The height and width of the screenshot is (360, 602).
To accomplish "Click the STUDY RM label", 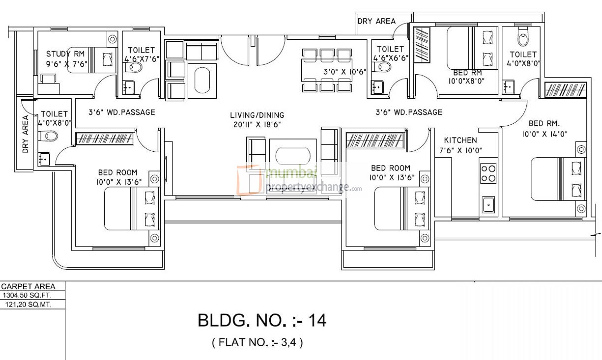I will tap(66, 54).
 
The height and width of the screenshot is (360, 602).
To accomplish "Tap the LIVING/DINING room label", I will tap(257, 115).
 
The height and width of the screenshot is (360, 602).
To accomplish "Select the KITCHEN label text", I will tap(460, 140).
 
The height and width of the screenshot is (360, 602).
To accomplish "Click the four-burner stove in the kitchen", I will tap(488, 174).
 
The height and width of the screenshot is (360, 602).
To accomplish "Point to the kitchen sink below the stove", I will tap(488, 204).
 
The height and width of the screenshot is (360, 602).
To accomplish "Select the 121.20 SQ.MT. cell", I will tap(29, 305).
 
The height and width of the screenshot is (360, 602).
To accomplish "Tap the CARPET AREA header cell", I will tap(29, 287).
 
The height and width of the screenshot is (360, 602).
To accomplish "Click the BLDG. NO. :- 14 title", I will tap(262, 321).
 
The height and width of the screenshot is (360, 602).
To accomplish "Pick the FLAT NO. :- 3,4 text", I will tap(258, 342).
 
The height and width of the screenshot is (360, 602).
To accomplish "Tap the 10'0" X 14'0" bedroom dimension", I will tap(551, 133).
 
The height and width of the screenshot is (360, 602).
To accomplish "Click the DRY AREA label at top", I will tap(376, 21).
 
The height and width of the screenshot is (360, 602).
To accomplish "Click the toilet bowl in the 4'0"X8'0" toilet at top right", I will tap(522, 38).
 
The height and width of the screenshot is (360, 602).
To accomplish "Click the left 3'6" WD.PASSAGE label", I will tap(121, 112).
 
